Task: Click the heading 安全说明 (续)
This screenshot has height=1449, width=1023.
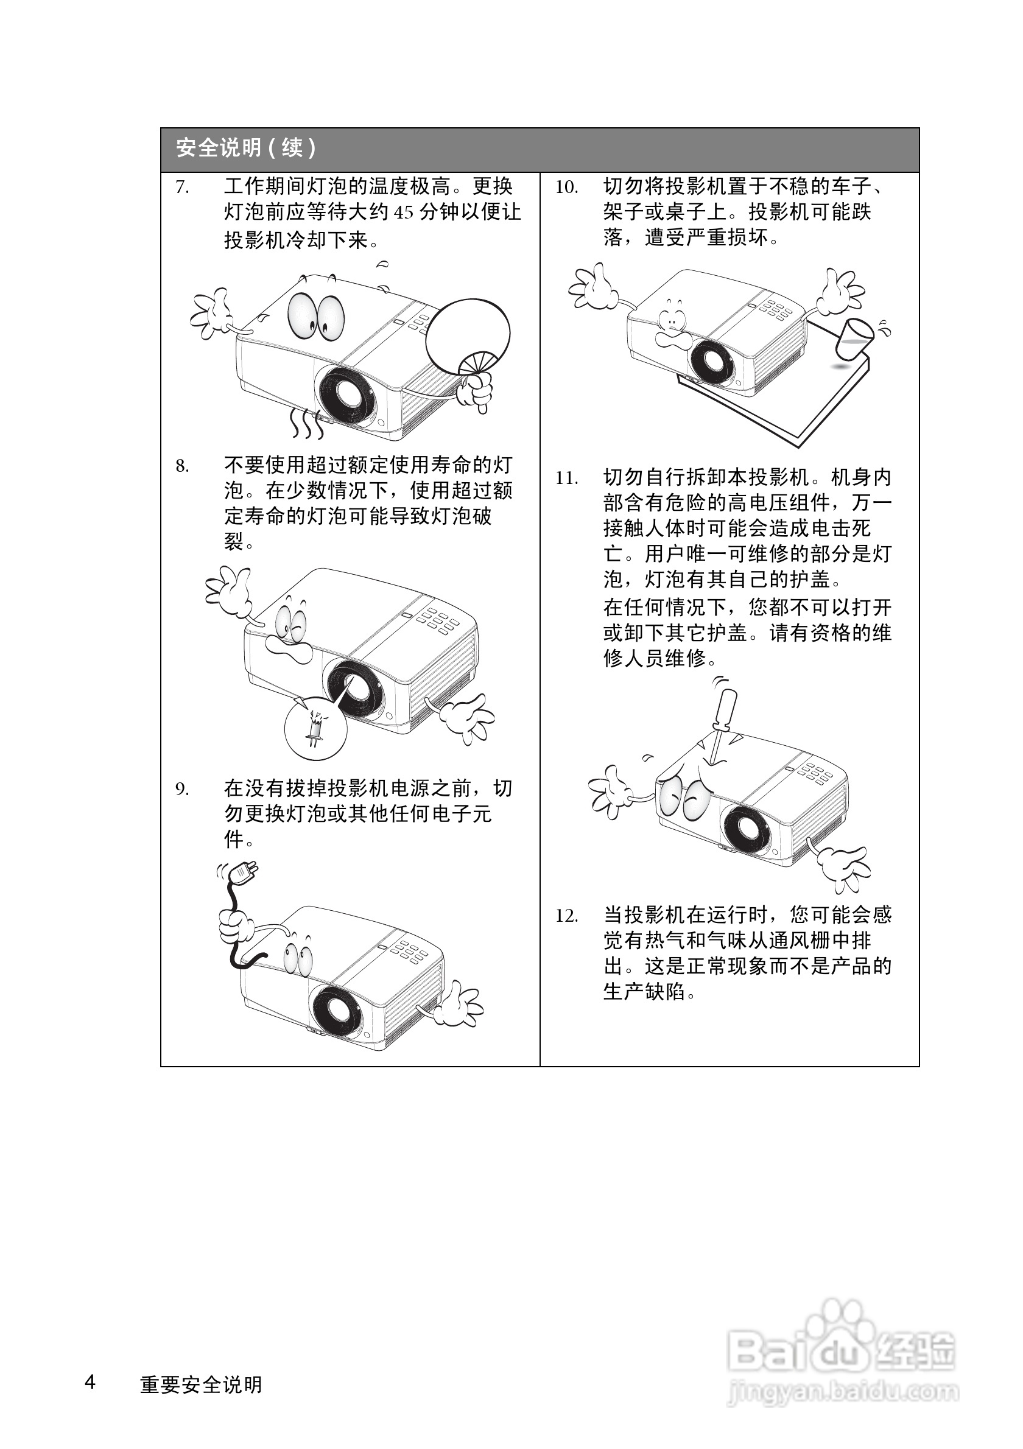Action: pyautogui.click(x=245, y=149)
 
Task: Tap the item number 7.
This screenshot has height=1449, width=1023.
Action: pyautogui.click(x=181, y=188)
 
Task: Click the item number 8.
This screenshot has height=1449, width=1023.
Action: pyautogui.click(x=181, y=466)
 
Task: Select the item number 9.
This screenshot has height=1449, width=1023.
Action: pyautogui.click(x=181, y=789)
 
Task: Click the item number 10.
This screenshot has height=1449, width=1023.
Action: pyautogui.click(x=566, y=188)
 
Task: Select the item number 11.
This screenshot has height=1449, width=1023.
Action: pyautogui.click(x=566, y=479)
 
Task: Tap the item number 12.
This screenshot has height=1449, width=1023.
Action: pyautogui.click(x=566, y=916)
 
